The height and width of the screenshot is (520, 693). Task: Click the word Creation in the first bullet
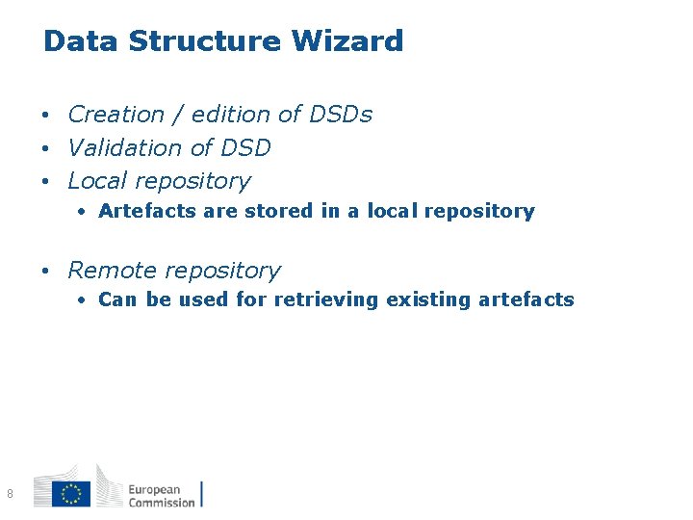116,115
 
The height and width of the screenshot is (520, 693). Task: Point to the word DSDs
341,115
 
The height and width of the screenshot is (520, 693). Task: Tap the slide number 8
10,494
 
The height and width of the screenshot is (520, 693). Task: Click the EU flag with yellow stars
71,494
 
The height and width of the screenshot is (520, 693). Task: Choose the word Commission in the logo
161,502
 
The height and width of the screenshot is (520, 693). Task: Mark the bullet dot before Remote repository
46,272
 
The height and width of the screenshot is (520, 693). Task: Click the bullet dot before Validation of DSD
46,149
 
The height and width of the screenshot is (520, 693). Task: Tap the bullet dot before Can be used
84,300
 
